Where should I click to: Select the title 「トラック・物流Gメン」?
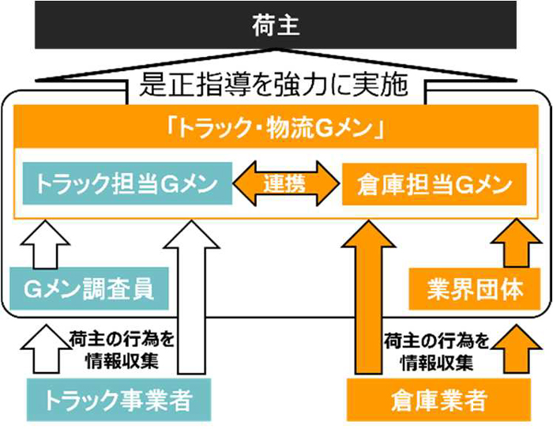[x=276, y=129]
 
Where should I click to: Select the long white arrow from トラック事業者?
[x=190, y=300]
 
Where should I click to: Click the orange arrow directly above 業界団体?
[x=513, y=244]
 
